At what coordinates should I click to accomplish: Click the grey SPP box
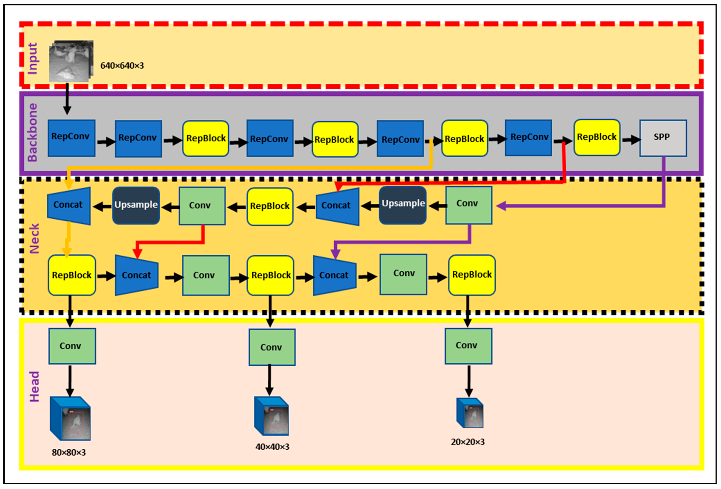coord(663,138)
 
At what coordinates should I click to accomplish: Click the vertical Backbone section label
coord(33,132)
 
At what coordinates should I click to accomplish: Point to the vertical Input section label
coord(33,58)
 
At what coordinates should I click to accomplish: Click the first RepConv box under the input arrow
coord(71,138)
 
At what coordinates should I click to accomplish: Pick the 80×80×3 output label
coord(69,452)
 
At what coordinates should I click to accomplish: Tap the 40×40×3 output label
coord(272,447)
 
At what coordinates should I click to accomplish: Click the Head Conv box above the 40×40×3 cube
coord(272,347)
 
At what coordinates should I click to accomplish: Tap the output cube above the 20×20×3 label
coord(470,413)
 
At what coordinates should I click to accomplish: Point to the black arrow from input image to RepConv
coord(67,99)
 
